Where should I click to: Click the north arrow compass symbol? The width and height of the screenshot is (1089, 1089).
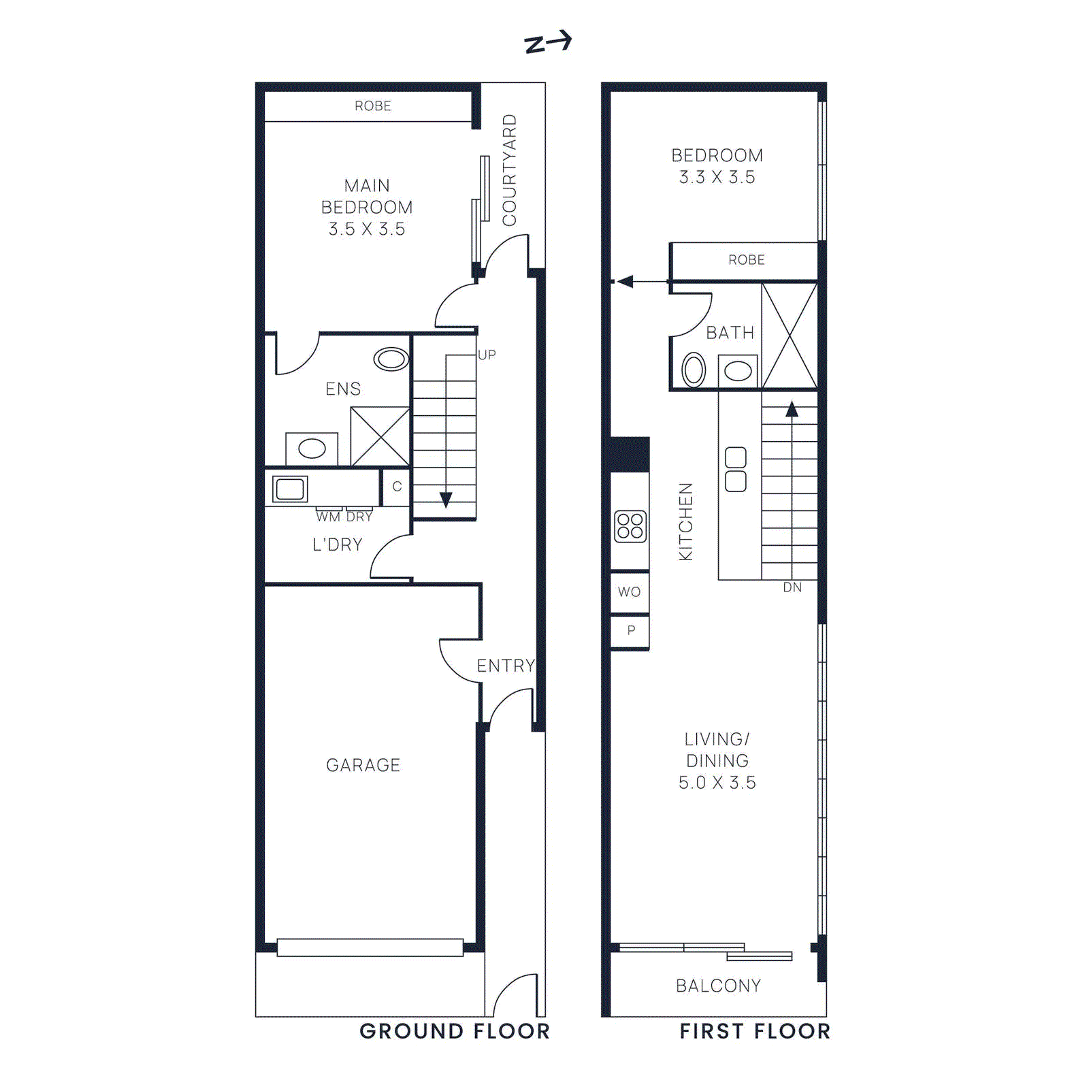pos(548,43)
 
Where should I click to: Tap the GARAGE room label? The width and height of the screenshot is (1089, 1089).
pos(363,765)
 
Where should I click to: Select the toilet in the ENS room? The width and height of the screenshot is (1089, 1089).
pos(391,359)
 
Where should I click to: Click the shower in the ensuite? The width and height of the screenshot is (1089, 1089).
pos(380,436)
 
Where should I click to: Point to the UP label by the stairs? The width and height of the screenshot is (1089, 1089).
pos(487,355)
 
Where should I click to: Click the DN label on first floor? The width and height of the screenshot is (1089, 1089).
pos(792,587)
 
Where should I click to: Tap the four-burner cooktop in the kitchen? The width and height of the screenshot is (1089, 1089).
pos(630,527)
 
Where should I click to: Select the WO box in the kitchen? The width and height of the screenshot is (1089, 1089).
pos(630,592)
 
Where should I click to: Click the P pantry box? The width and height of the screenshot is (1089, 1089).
pos(631,631)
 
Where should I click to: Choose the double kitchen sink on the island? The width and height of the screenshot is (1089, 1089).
pos(736,470)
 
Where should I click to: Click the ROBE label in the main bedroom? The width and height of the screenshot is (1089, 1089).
pos(372,106)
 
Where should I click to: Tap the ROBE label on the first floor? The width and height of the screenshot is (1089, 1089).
pos(746,260)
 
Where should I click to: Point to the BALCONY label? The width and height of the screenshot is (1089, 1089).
pos(718,986)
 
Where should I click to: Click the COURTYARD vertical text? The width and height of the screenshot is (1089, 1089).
pos(510,170)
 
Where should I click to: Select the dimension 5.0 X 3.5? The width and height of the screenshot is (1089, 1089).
pos(717,783)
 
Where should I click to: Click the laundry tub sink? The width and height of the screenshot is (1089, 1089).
pos(290,489)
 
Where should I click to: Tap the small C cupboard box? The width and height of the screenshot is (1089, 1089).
pos(397,487)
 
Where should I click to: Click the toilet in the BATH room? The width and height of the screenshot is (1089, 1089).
pos(694,371)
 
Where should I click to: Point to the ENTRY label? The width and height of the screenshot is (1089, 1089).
pos(506,666)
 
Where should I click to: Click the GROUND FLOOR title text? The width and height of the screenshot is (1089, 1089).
pos(454,1031)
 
